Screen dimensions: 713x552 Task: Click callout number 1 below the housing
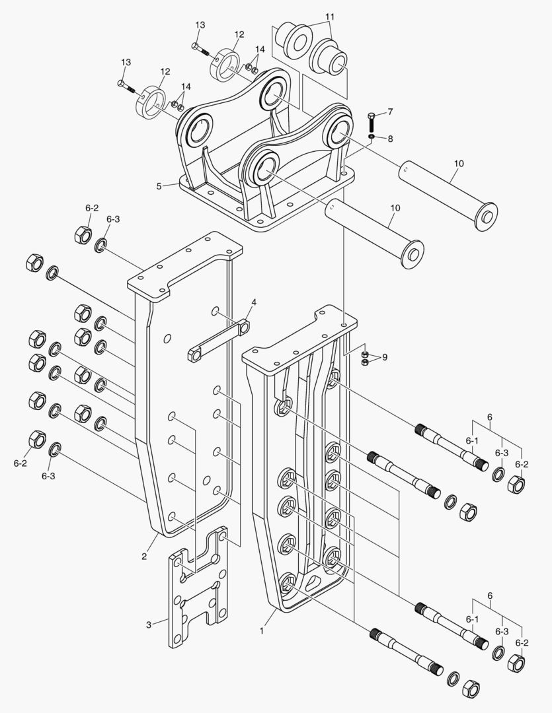(x=262, y=630)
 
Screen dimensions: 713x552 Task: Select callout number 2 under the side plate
(x=143, y=556)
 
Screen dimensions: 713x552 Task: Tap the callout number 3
(x=149, y=623)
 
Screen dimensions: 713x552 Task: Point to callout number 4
(x=253, y=302)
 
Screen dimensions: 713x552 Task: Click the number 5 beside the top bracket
(x=159, y=186)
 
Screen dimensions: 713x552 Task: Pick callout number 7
(x=390, y=112)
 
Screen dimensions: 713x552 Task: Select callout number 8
(x=390, y=139)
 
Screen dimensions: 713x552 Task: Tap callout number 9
(x=384, y=357)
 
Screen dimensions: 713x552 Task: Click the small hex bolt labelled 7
(x=372, y=121)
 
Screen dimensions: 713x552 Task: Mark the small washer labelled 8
(x=372, y=136)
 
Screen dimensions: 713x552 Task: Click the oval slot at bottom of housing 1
(x=317, y=581)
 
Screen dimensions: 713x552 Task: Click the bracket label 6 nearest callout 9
(x=489, y=417)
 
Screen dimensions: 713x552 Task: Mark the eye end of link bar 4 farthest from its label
(x=195, y=355)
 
